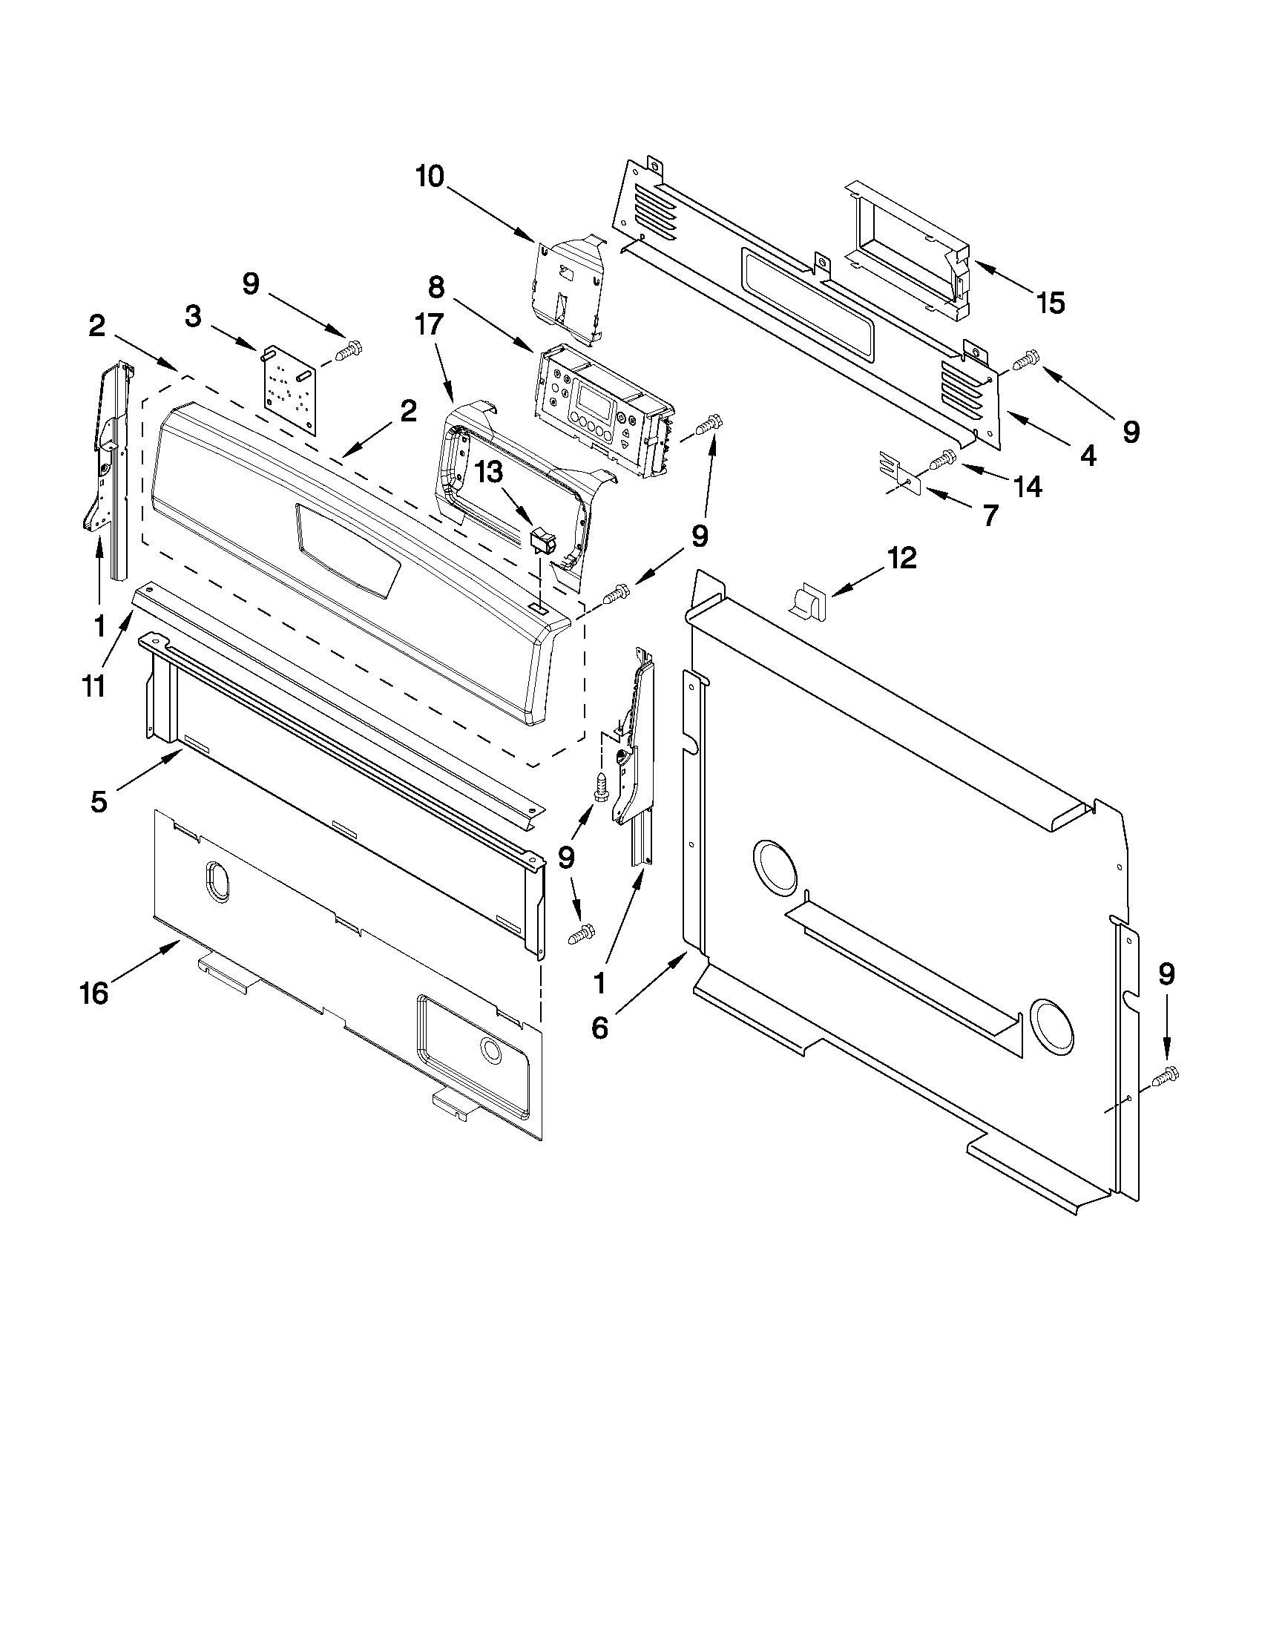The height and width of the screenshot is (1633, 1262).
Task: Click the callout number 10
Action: coord(430,177)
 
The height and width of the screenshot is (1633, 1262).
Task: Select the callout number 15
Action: coord(1050,303)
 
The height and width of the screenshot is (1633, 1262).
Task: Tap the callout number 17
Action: coord(430,325)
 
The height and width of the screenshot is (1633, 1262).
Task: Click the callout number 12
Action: coord(901,558)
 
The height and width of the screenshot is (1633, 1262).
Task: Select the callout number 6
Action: coord(599,1029)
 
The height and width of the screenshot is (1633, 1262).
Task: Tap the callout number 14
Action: coord(1028,487)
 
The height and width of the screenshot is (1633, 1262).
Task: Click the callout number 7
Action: coord(990,515)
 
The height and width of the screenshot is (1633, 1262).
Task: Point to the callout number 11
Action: coord(93,686)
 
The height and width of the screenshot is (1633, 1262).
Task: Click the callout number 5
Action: coord(99,801)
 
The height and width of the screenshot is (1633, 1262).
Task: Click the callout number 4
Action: coord(1088,454)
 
